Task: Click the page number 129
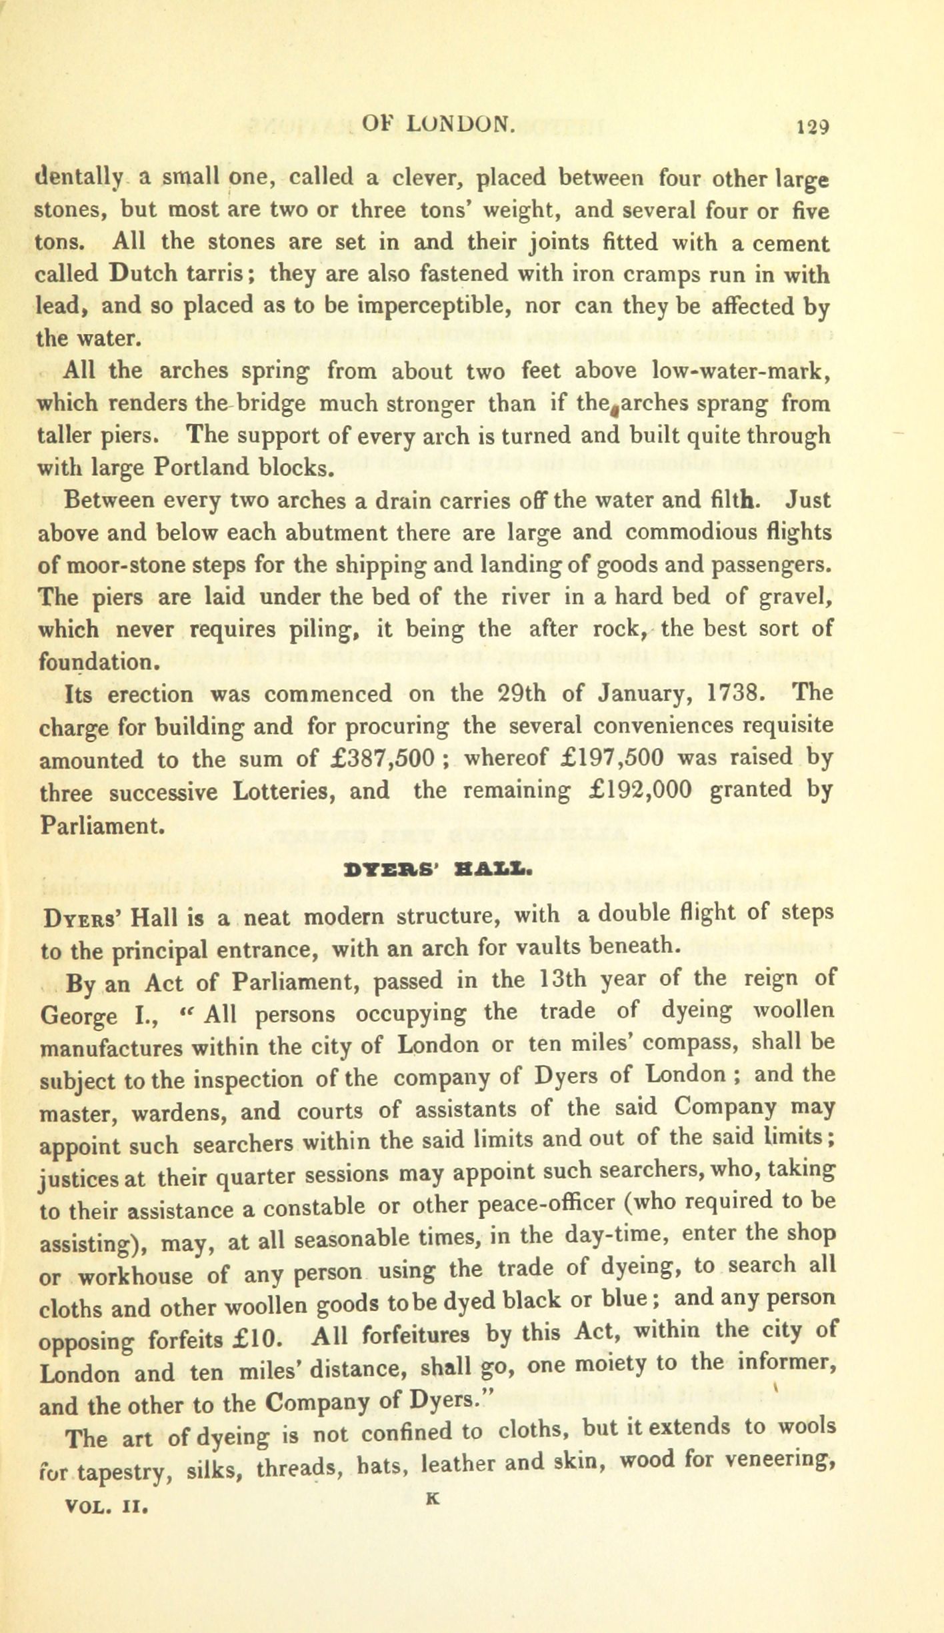812,125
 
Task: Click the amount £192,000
641,791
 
